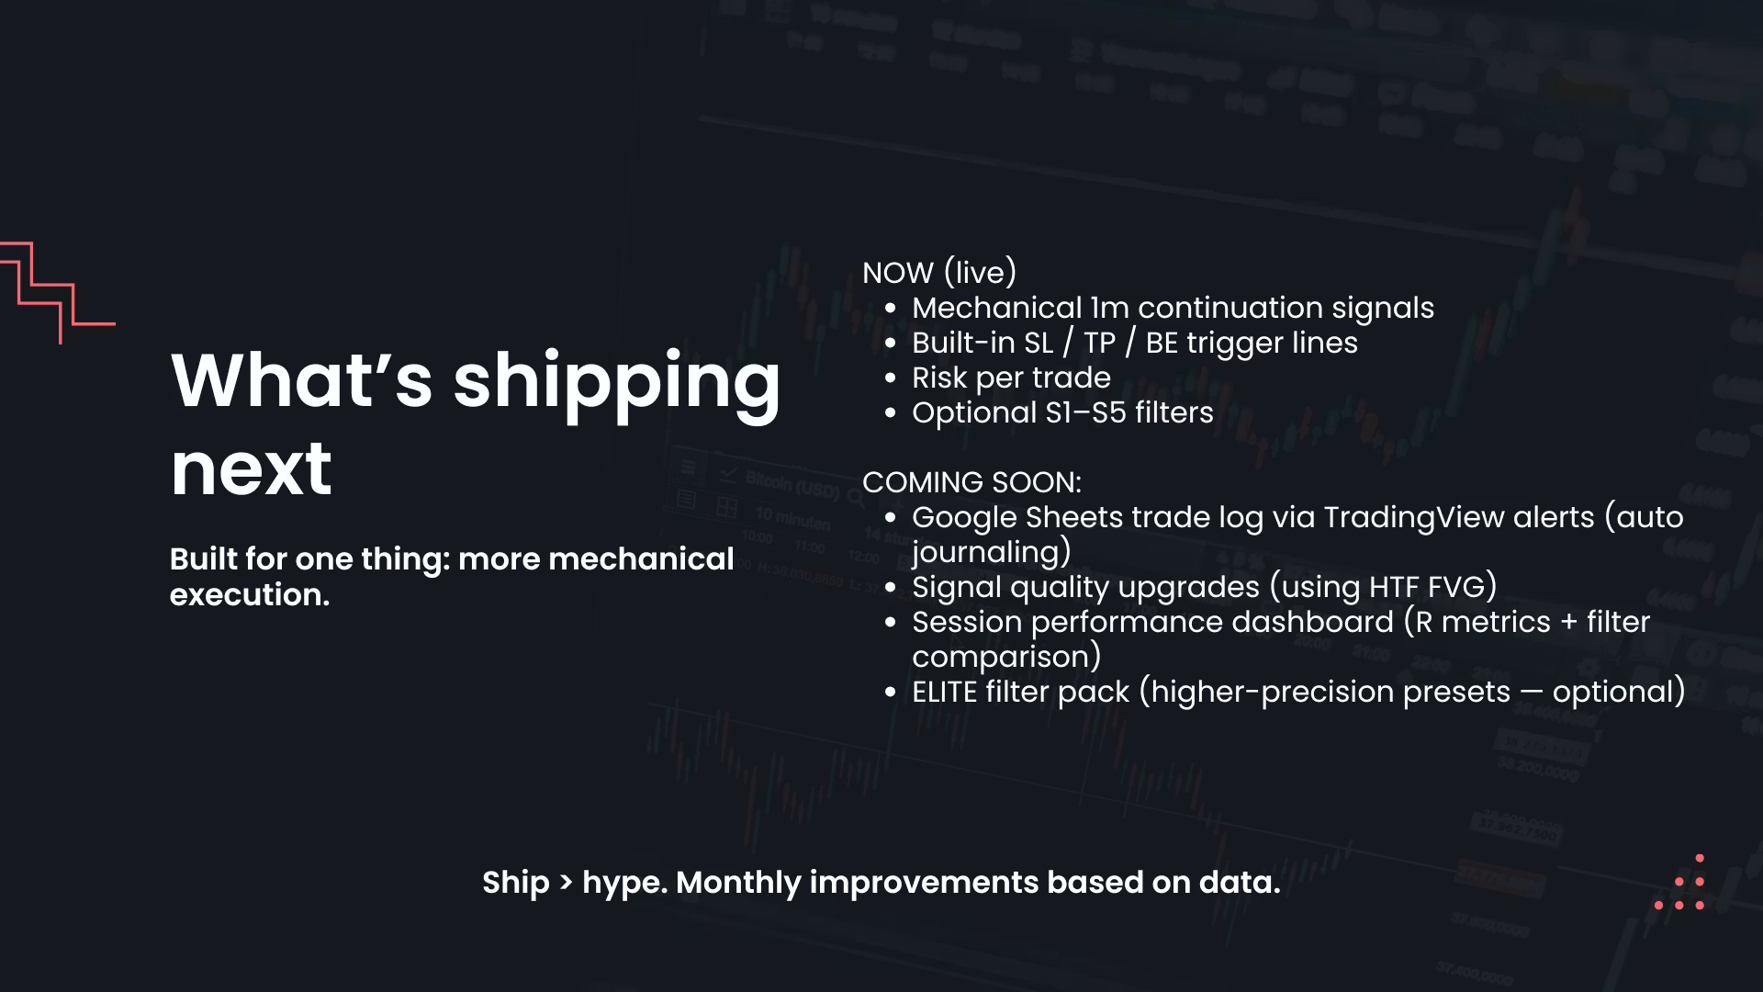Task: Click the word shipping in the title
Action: click(x=616, y=384)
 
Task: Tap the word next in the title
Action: click(x=251, y=469)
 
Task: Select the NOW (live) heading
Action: click(x=939, y=273)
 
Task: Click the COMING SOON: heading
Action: click(x=971, y=482)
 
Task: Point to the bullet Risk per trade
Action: click(x=1011, y=378)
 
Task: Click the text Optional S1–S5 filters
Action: click(x=1062, y=412)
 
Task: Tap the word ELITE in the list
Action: click(x=944, y=692)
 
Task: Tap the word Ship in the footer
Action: click(x=515, y=883)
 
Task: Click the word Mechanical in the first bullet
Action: click(x=996, y=308)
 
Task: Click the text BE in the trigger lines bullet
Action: click(x=1162, y=343)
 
